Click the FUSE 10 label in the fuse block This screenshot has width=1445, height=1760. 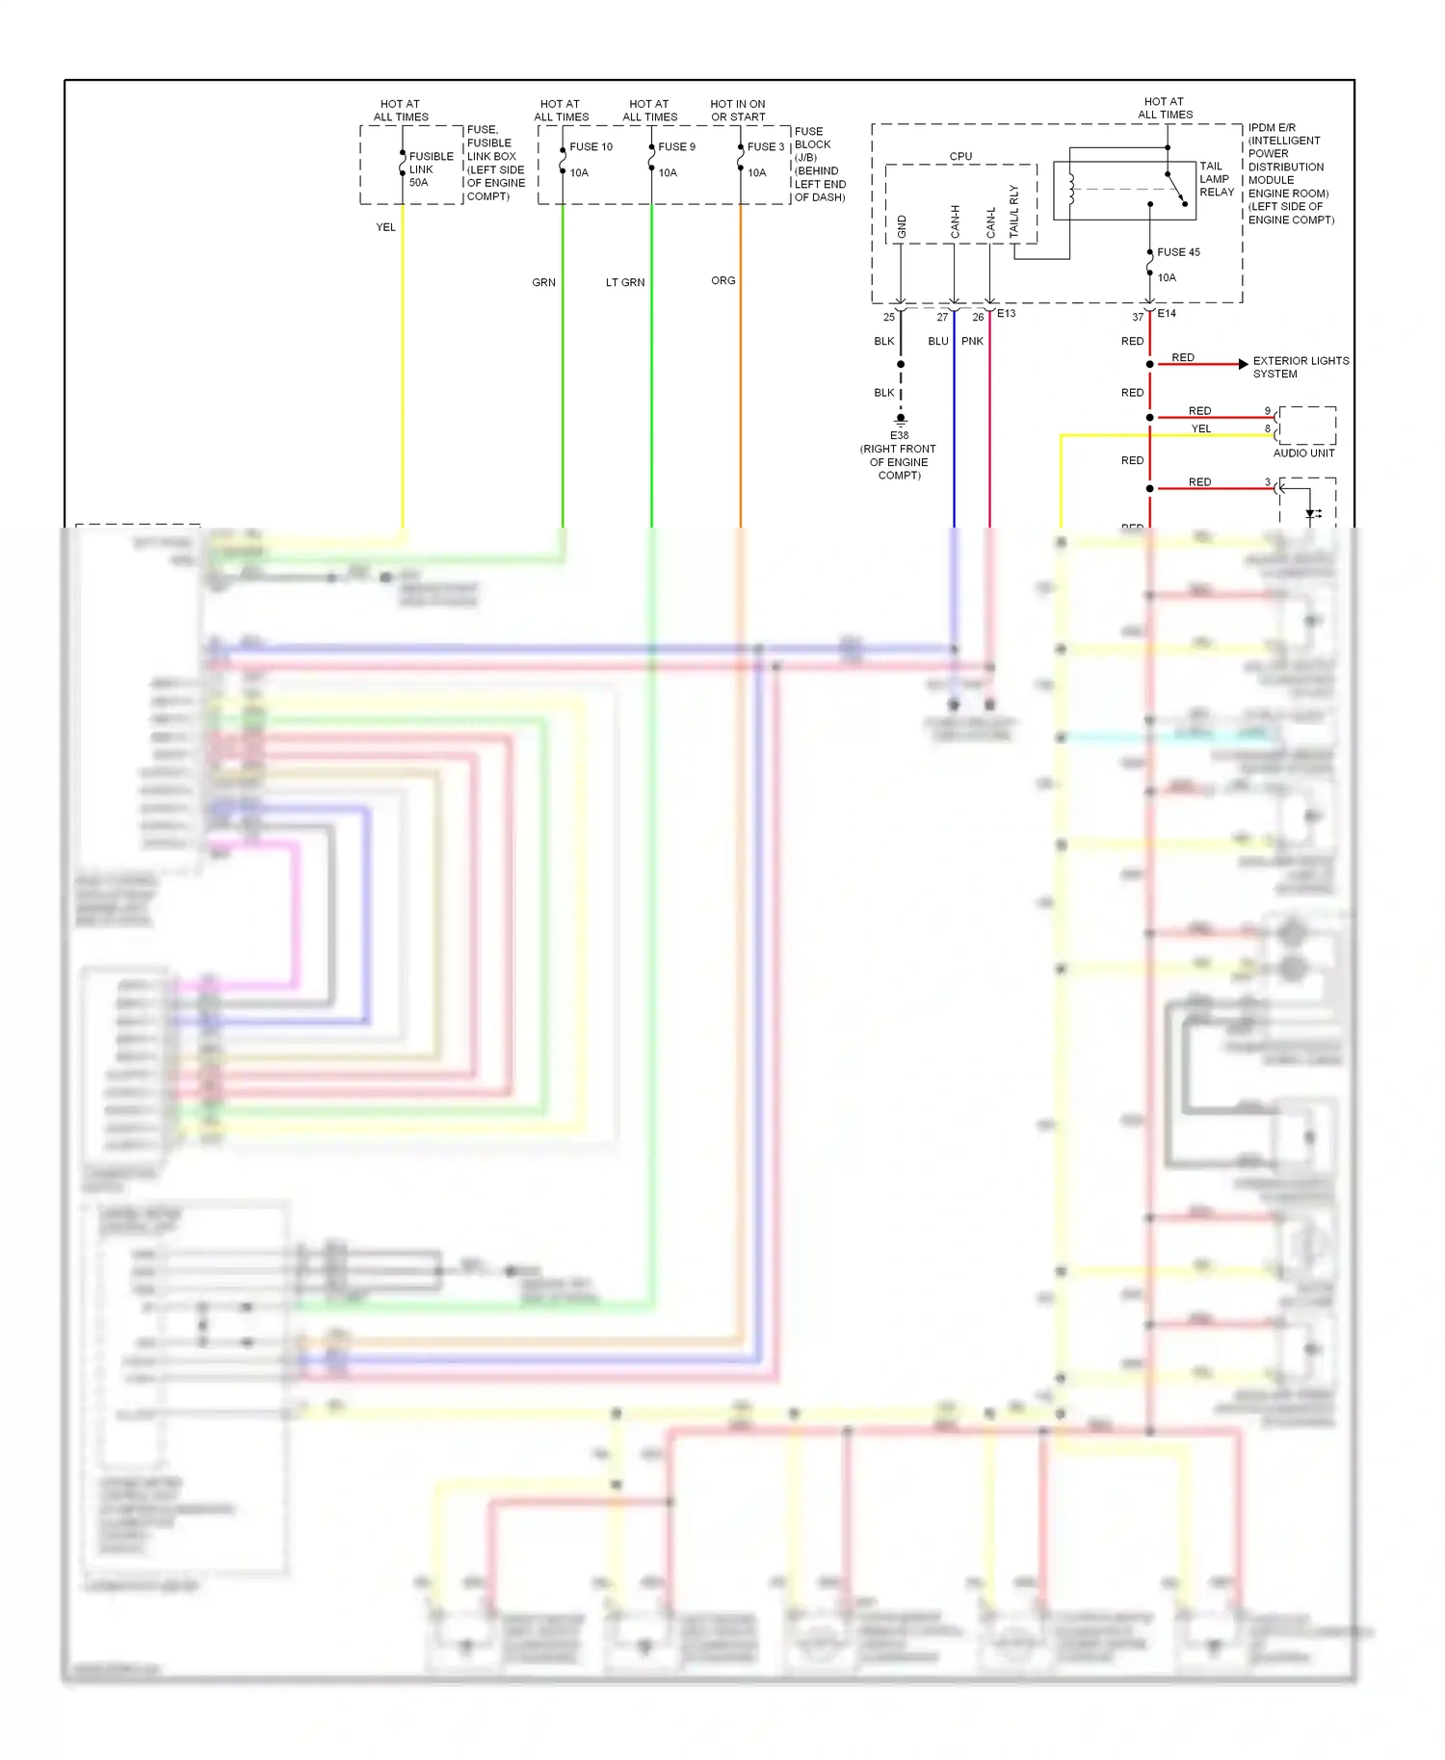pos(591,146)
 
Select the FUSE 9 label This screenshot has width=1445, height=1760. pos(676,146)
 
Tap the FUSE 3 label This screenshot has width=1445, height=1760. pos(766,146)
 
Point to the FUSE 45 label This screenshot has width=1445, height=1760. pos(1178,252)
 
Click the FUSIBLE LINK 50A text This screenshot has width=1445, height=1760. pos(430,169)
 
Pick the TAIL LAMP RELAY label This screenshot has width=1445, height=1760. pos(1216,179)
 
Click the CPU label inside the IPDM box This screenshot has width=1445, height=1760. pos(960,156)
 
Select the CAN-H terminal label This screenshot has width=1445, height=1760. pos(955,221)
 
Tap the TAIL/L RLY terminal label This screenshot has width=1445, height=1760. pos(1013,212)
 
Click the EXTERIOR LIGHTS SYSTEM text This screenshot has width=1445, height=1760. pos(1300,367)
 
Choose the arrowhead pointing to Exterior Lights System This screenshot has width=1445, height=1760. pos(1243,364)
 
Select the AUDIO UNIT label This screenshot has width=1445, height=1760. pos(1303,453)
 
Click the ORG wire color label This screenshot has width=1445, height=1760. pos(722,280)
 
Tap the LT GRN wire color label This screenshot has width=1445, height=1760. pos(624,282)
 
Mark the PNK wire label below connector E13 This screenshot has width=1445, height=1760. pos(972,341)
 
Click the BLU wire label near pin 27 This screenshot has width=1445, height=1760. pos(937,341)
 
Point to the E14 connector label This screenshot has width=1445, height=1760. pos(1166,313)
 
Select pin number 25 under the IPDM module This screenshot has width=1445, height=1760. pos(888,317)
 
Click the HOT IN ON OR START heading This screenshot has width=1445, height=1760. pos(738,110)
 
